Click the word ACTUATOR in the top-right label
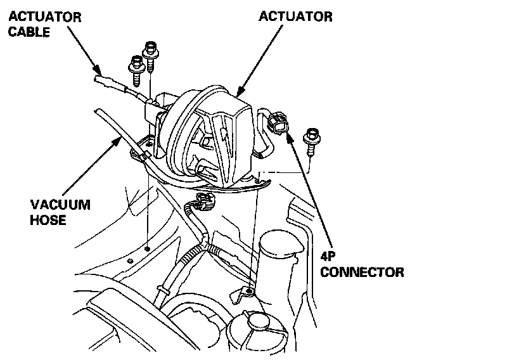click(x=295, y=16)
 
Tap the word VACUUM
click(x=61, y=205)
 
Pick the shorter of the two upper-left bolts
click(x=136, y=72)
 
